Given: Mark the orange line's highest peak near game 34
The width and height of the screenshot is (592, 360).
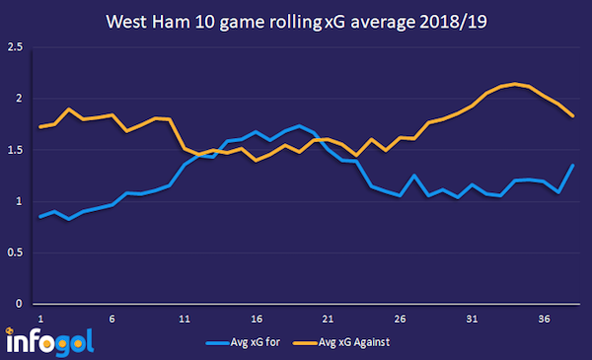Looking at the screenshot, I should pyautogui.click(x=515, y=84).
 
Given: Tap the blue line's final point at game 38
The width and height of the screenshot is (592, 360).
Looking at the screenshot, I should pyautogui.click(x=573, y=165).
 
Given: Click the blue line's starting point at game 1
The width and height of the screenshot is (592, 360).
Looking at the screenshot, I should pyautogui.click(x=40, y=216).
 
